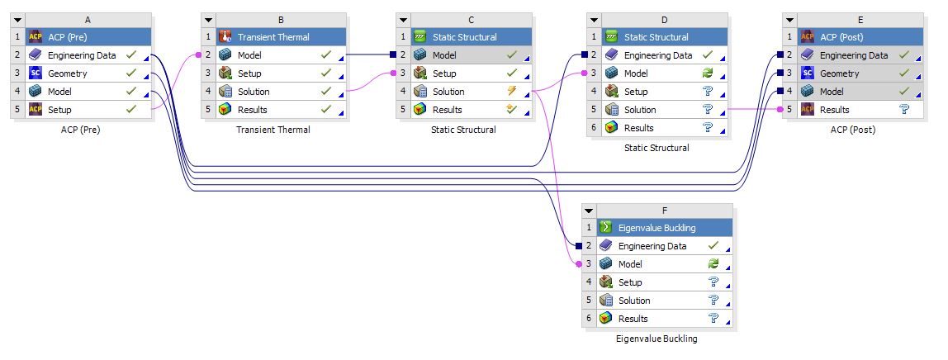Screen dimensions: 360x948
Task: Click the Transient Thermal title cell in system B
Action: click(273, 37)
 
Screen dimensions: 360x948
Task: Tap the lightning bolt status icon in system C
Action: click(512, 92)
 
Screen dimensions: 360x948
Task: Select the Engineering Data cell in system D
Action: click(657, 55)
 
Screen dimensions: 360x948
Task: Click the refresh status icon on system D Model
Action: click(707, 73)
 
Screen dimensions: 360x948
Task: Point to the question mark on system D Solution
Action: click(707, 110)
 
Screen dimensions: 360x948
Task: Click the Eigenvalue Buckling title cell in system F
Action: click(656, 228)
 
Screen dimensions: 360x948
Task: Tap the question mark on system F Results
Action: click(713, 319)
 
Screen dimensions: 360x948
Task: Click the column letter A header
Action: click(88, 19)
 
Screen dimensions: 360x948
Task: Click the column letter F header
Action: click(663, 210)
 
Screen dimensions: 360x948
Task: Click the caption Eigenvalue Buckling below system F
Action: click(656, 339)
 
